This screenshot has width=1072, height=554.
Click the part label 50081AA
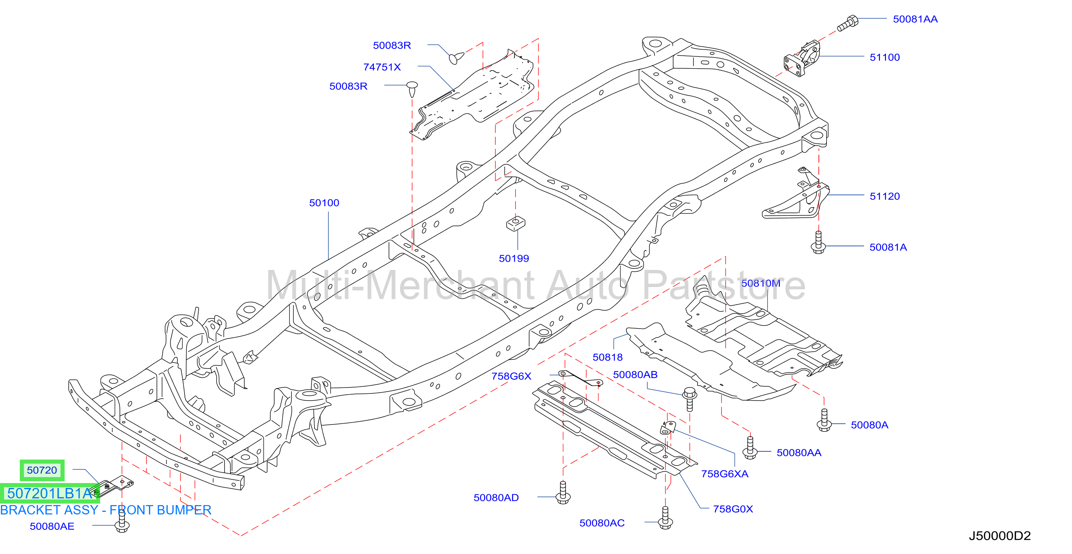(915, 19)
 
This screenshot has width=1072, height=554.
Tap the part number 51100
(885, 57)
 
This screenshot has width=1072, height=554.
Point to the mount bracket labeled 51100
(802, 59)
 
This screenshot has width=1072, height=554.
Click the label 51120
(885, 196)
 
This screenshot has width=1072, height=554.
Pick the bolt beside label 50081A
(818, 243)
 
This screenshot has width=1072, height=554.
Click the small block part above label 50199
(515, 223)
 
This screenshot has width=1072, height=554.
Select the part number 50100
(324, 203)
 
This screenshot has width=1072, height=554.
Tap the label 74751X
(382, 67)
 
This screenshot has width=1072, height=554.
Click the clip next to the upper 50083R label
(456, 58)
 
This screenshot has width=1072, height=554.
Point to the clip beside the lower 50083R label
(412, 89)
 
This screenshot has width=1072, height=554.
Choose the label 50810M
(761, 283)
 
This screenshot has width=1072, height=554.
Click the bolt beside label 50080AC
(665, 518)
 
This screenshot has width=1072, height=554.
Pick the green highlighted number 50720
(42, 470)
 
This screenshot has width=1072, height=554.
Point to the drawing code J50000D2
(1000, 536)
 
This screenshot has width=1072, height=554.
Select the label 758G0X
(733, 509)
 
